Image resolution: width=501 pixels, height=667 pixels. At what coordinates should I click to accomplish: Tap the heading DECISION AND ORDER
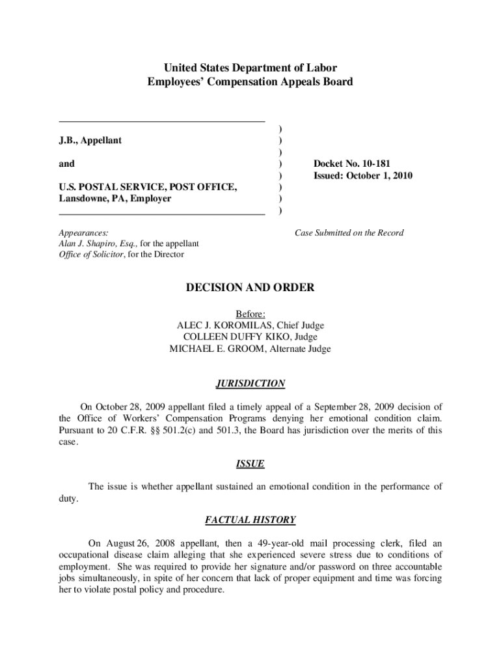251,287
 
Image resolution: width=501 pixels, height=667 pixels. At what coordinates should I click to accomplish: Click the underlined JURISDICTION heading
251,384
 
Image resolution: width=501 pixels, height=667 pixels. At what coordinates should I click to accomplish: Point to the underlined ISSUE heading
250,464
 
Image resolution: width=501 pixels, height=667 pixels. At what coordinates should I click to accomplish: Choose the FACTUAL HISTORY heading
251,520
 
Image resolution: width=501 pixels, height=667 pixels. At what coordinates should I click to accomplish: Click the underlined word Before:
251,313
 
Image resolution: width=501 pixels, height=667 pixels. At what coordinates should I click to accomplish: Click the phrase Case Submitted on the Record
349,233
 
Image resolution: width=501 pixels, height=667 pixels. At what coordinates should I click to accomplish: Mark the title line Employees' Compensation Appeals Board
251,82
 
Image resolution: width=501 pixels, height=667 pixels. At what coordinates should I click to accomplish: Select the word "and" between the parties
67,164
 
